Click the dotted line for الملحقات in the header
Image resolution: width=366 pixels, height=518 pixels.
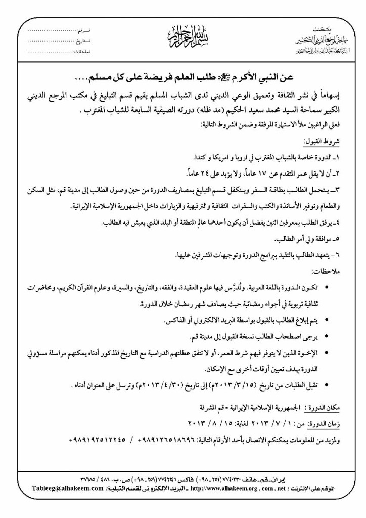point(51,52)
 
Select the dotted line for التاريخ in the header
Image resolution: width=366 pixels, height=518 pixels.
point(51,41)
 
